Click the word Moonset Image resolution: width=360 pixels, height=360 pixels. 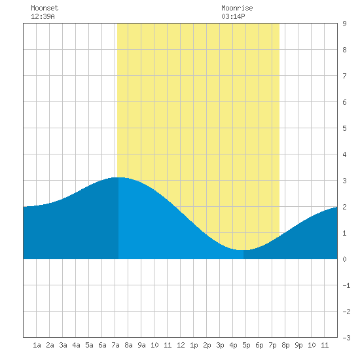point(45,8)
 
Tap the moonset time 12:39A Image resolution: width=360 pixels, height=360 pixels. point(43,16)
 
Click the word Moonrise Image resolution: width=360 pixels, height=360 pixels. point(237,8)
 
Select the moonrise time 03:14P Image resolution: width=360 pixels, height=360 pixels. point(233,16)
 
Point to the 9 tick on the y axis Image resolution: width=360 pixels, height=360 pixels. point(344,24)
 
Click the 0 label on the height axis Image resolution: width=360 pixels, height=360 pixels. point(344,259)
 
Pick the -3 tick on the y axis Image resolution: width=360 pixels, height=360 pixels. point(346,338)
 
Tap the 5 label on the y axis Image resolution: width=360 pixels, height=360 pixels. point(344,128)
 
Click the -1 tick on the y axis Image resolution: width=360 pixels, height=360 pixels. point(346,285)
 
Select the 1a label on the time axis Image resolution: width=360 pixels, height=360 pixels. point(37,345)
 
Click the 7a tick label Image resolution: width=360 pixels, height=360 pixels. point(115,345)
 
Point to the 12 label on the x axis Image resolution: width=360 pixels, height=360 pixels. point(181,345)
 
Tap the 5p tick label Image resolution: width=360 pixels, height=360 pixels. point(246,345)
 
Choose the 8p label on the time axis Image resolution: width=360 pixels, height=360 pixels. point(285,345)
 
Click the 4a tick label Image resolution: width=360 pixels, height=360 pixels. point(76,345)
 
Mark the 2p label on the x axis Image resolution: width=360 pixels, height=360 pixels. point(207,345)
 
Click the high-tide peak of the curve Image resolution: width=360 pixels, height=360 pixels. point(118,177)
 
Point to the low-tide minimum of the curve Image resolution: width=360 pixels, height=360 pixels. point(243,250)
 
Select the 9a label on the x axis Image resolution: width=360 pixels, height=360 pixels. point(141,345)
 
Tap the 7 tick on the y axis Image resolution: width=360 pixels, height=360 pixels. point(344,76)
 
